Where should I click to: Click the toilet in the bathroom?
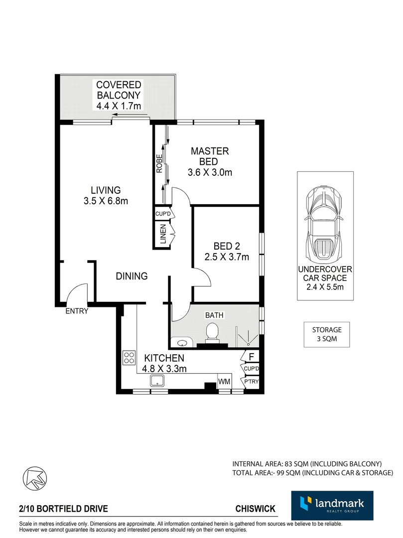coord(212,333)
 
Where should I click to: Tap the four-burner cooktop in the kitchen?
coord(129,358)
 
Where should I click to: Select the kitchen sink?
coord(157,381)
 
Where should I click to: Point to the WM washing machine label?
coord(224,382)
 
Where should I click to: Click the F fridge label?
coord(252,357)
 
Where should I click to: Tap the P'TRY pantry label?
coord(252,382)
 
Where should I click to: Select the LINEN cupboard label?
coord(163,234)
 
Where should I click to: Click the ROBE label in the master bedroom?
coord(159,163)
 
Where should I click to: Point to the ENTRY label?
coord(77,311)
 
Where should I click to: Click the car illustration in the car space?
coord(325,224)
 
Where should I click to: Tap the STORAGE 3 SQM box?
coord(326,334)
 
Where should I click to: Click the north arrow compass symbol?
coord(35,478)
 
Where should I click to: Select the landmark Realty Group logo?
coord(332,506)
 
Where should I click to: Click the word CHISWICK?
coord(256,509)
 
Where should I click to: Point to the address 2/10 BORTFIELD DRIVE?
coord(64,509)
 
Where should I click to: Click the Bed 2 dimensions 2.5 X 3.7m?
coord(227,257)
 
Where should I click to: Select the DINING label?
coord(132,276)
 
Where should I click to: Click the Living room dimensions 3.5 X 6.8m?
coord(106,201)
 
